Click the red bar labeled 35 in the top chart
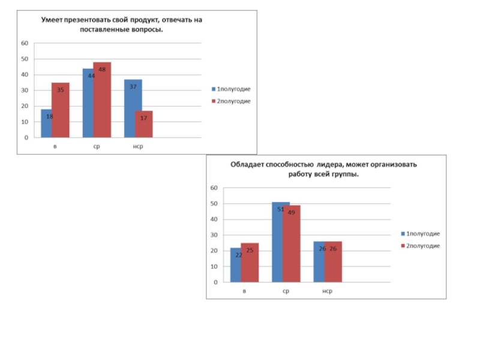click(x=61, y=110)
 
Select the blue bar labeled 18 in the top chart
click(x=46, y=124)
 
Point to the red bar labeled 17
click(x=144, y=124)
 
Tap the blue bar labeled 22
click(x=235, y=265)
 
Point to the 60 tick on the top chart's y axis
click(x=25, y=43)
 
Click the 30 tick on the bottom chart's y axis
click(x=214, y=235)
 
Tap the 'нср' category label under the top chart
click(x=138, y=146)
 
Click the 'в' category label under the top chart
click(x=55, y=146)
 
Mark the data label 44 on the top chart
click(x=91, y=76)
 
